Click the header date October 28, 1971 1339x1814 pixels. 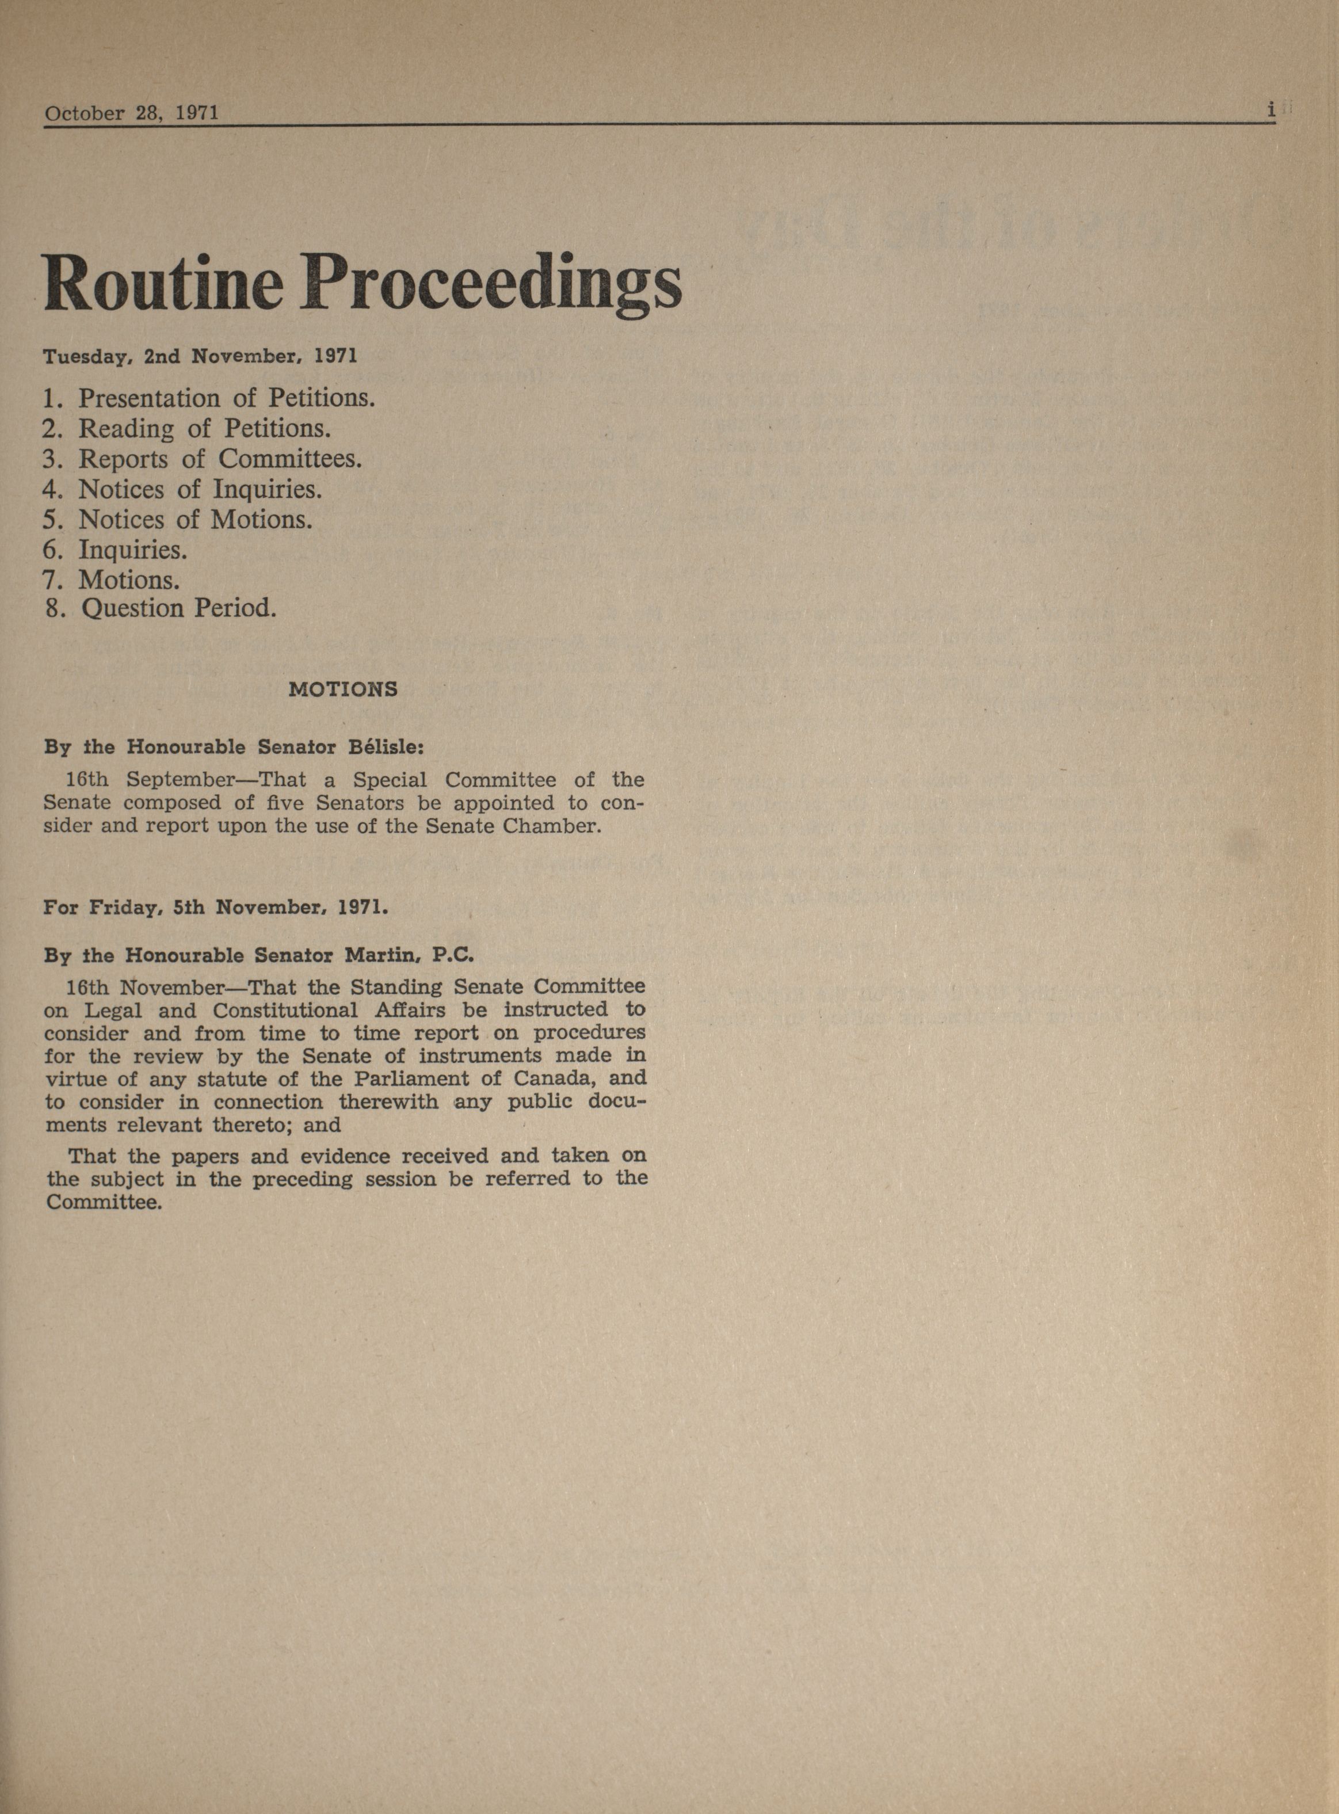(x=131, y=113)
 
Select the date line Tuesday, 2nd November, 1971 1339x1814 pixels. (x=200, y=356)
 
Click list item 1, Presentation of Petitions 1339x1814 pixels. (x=209, y=398)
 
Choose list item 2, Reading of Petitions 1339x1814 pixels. (x=187, y=428)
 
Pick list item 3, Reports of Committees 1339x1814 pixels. (x=203, y=459)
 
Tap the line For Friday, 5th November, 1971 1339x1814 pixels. (x=216, y=907)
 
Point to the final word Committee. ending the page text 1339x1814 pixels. (x=105, y=1202)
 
